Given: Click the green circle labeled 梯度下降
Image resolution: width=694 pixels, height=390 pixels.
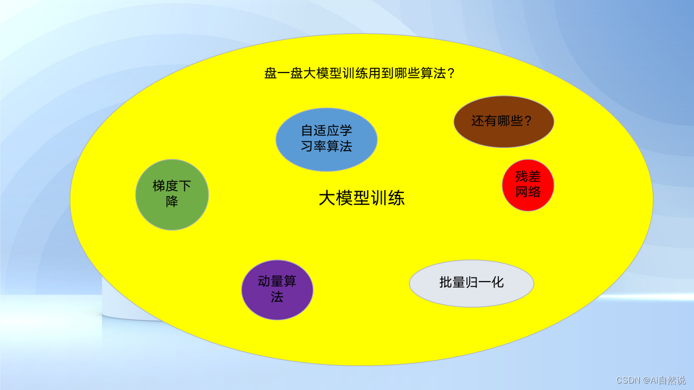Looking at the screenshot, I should coord(172,194).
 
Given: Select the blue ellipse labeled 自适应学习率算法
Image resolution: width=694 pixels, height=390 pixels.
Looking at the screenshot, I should coord(326,139).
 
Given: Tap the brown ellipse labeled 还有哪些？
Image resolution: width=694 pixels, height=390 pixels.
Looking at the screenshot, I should coord(504,121).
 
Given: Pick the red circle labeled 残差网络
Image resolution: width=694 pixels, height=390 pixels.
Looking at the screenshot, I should coord(528,185).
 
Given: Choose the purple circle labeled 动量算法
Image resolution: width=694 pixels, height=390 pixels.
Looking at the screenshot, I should coord(277,289).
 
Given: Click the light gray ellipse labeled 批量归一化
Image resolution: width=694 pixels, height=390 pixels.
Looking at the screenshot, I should coord(472,283).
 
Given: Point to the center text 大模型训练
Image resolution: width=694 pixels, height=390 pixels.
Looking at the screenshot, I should coord(361,199).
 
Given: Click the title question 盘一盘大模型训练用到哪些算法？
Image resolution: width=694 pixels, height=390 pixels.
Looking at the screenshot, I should coord(359,73).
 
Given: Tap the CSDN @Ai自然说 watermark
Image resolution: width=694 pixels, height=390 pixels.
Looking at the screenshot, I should coord(651,380).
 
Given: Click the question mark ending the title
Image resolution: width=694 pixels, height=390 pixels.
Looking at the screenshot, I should coord(449,73).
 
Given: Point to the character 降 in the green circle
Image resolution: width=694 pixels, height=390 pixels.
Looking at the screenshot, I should coord(172,201).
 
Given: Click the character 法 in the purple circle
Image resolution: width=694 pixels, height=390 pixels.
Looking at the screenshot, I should coord(277,297).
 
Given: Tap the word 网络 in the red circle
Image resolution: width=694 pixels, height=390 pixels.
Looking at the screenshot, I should coord(528,192).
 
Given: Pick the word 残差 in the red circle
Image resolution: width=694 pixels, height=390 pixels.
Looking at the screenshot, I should coord(528,177).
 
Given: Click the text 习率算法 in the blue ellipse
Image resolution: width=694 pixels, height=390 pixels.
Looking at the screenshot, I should coord(326,146).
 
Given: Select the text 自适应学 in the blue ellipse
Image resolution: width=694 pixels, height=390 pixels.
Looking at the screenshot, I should coord(326,131).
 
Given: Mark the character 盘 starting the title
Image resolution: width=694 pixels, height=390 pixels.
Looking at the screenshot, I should coord(271,73).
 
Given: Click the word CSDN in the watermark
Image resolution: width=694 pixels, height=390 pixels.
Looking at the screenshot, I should coord(626,380).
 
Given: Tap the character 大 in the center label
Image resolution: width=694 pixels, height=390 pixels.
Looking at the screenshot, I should coord(326,199).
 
